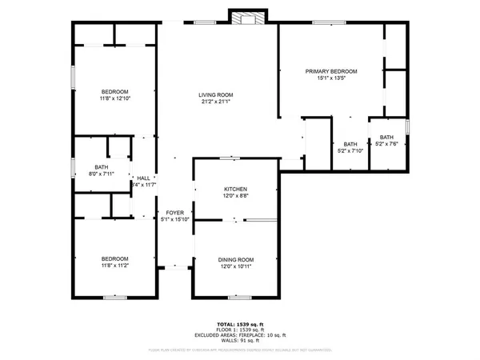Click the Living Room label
(x=215, y=94)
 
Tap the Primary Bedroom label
(x=331, y=71)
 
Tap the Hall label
(x=143, y=178)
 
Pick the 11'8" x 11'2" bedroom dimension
(x=115, y=265)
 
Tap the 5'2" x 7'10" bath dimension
(x=349, y=150)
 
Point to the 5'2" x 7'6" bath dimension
(x=387, y=144)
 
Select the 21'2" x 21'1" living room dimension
(x=215, y=102)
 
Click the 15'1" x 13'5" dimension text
(x=331, y=78)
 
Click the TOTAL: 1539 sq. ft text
(x=238, y=324)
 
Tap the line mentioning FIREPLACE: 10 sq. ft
(x=238, y=335)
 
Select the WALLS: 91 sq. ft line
(x=238, y=341)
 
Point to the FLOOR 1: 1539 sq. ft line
(x=238, y=330)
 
